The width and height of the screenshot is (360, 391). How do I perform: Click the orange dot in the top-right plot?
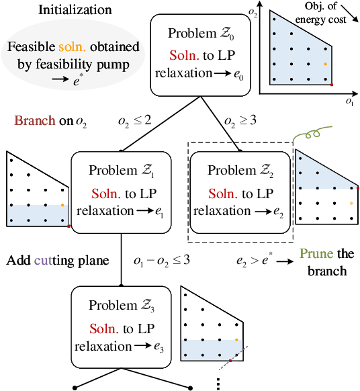325,64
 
